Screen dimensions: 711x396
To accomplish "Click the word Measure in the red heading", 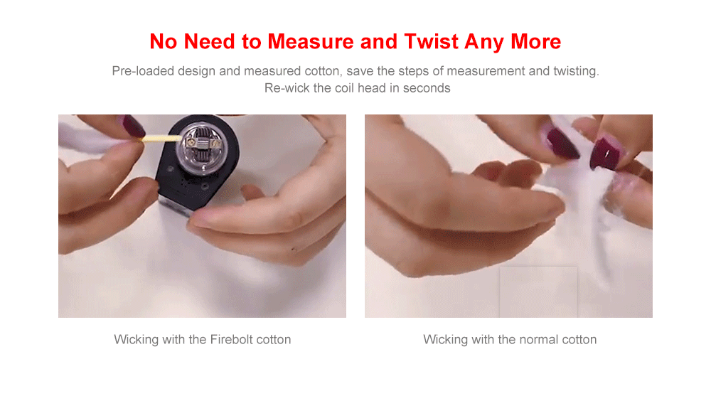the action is coord(311,42).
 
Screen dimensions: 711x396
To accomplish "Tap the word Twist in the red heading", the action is coord(432,42).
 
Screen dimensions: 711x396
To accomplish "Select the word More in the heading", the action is coord(536,42).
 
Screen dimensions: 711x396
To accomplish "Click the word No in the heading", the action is coord(164,42).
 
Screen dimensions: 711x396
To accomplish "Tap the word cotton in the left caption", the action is coord(274,340).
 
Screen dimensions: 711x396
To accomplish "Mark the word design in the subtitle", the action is coord(196,71).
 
